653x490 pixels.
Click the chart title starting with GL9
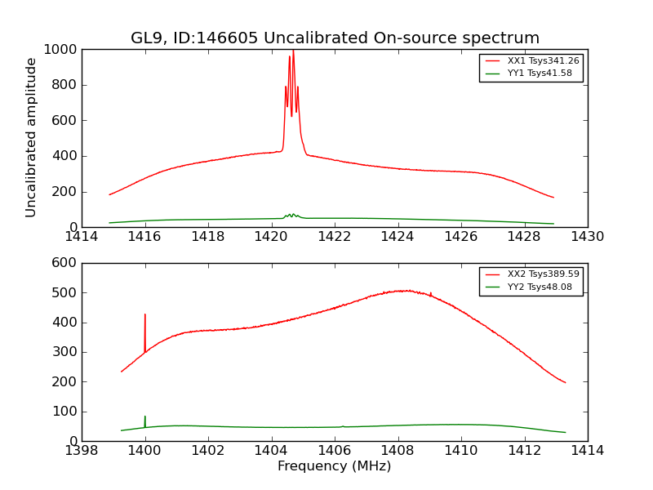335,38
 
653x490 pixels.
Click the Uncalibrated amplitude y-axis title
32,137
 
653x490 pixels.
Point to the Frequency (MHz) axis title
335,466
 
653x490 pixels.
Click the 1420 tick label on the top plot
271,237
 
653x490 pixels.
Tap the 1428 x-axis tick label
524,237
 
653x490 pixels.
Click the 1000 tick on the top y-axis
61,50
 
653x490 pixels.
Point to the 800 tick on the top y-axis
64,85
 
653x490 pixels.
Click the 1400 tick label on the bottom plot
145,450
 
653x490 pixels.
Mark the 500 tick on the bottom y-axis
64,292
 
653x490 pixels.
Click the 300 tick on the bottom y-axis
64,352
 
